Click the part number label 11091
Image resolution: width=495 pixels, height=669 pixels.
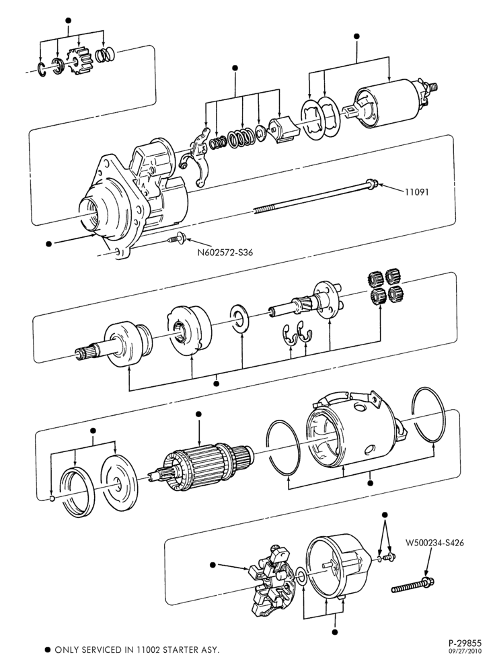[416, 192]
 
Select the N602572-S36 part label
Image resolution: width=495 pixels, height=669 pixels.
[225, 252]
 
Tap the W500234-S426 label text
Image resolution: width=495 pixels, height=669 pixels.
[434, 543]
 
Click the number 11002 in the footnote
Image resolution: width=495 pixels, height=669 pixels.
[147, 650]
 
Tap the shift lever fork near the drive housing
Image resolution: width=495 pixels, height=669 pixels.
[196, 157]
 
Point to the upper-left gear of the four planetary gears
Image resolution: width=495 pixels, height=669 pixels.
[375, 279]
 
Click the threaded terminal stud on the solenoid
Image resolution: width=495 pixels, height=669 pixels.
[433, 87]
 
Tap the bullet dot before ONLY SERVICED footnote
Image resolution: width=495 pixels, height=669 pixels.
[48, 650]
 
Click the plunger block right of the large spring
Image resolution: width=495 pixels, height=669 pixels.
[282, 130]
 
